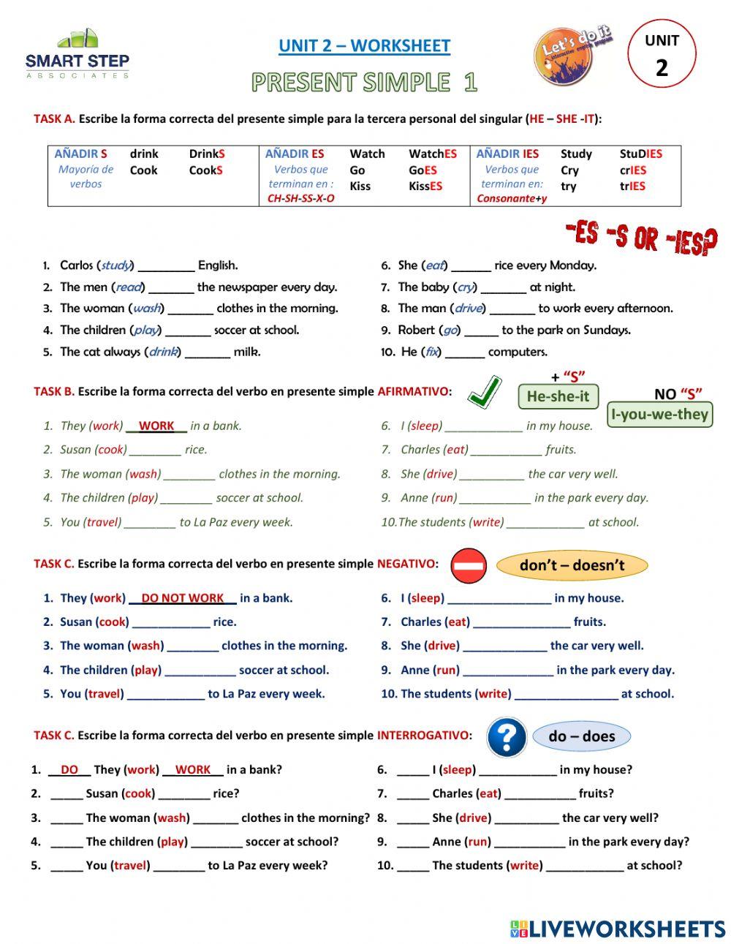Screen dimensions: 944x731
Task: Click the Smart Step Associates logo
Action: (77, 54)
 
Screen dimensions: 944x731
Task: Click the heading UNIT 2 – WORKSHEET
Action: (364, 46)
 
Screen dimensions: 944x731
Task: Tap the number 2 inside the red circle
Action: (662, 68)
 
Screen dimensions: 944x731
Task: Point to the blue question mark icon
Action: (507, 737)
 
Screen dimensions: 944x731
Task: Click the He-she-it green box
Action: (558, 396)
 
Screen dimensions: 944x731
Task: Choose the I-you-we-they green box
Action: (659, 415)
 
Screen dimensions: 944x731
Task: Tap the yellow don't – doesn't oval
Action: (572, 565)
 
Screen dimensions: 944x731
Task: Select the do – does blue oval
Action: (582, 736)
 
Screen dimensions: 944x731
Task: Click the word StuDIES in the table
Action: (640, 154)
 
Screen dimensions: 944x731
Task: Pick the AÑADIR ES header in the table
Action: (295, 154)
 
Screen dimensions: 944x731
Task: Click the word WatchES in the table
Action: (433, 154)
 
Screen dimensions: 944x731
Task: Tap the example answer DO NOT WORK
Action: (182, 598)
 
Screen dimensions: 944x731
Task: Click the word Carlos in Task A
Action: (77, 265)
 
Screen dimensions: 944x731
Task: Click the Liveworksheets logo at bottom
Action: (617, 929)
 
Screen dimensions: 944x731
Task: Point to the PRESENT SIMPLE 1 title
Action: (364, 83)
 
